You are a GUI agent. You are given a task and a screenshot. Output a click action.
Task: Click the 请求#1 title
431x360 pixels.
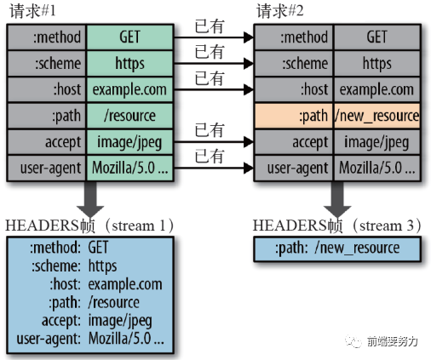[32, 13]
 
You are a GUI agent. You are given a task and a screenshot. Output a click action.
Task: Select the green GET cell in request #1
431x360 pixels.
[129, 38]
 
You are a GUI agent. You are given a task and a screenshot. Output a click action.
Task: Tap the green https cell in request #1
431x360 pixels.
[129, 64]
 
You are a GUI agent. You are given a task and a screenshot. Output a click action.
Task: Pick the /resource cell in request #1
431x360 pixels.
[129, 115]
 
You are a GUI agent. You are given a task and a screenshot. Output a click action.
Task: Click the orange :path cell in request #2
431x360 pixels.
[294, 115]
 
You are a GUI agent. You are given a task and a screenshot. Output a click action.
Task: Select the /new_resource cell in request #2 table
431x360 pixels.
[377, 115]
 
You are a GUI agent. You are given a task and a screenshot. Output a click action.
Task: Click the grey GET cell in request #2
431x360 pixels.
[377, 38]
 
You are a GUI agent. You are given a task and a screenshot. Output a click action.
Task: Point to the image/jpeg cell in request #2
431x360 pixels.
[377, 141]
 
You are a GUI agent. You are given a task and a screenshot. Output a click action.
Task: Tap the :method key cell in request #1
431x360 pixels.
[47, 38]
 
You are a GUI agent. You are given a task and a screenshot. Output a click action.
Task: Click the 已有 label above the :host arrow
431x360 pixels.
[210, 78]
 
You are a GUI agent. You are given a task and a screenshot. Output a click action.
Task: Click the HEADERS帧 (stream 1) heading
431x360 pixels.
[89, 226]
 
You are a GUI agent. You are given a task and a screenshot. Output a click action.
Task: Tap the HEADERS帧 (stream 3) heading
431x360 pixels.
[338, 226]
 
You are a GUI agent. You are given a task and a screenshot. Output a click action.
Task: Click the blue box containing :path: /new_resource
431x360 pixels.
[337, 249]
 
